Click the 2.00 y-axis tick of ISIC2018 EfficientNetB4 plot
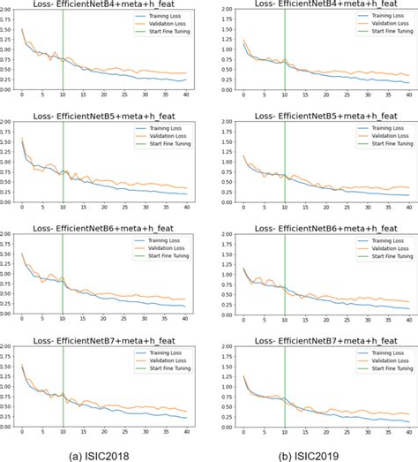click(8, 10)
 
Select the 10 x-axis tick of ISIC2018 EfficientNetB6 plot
click(62, 318)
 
